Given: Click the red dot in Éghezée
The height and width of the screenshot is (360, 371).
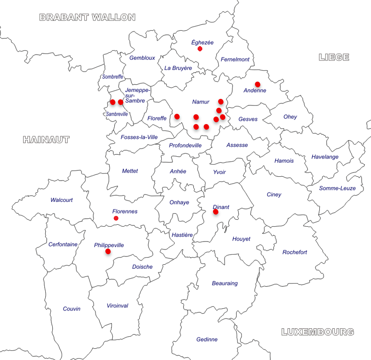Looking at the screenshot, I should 200,49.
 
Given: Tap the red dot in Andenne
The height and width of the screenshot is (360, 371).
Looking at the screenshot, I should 257,84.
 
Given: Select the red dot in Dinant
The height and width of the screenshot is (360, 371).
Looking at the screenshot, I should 216,212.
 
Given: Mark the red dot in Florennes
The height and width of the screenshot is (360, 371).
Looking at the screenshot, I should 116,218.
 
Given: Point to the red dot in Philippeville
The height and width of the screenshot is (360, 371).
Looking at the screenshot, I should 108,251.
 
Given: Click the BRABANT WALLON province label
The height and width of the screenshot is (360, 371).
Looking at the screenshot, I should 87,18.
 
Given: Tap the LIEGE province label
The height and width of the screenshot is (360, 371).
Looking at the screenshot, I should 334,57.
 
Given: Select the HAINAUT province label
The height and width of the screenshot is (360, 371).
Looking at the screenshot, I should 46,139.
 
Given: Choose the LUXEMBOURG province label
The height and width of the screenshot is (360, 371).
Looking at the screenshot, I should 317,332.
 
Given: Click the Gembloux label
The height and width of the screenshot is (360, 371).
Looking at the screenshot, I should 142,58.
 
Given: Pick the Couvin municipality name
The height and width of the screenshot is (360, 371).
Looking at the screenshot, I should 72,309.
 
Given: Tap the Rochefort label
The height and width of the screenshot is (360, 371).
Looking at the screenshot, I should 295,252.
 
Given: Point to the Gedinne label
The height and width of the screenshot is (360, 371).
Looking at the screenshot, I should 207,339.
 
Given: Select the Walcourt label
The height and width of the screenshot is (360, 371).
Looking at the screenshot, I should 62,200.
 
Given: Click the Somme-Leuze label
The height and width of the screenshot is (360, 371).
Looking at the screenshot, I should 337,188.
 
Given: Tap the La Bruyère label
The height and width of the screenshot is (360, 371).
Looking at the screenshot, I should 178,68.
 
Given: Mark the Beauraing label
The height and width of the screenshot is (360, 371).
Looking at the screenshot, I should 225,283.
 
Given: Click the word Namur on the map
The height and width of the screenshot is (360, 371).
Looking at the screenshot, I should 201,102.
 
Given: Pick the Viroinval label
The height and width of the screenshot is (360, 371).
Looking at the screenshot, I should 117,306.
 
